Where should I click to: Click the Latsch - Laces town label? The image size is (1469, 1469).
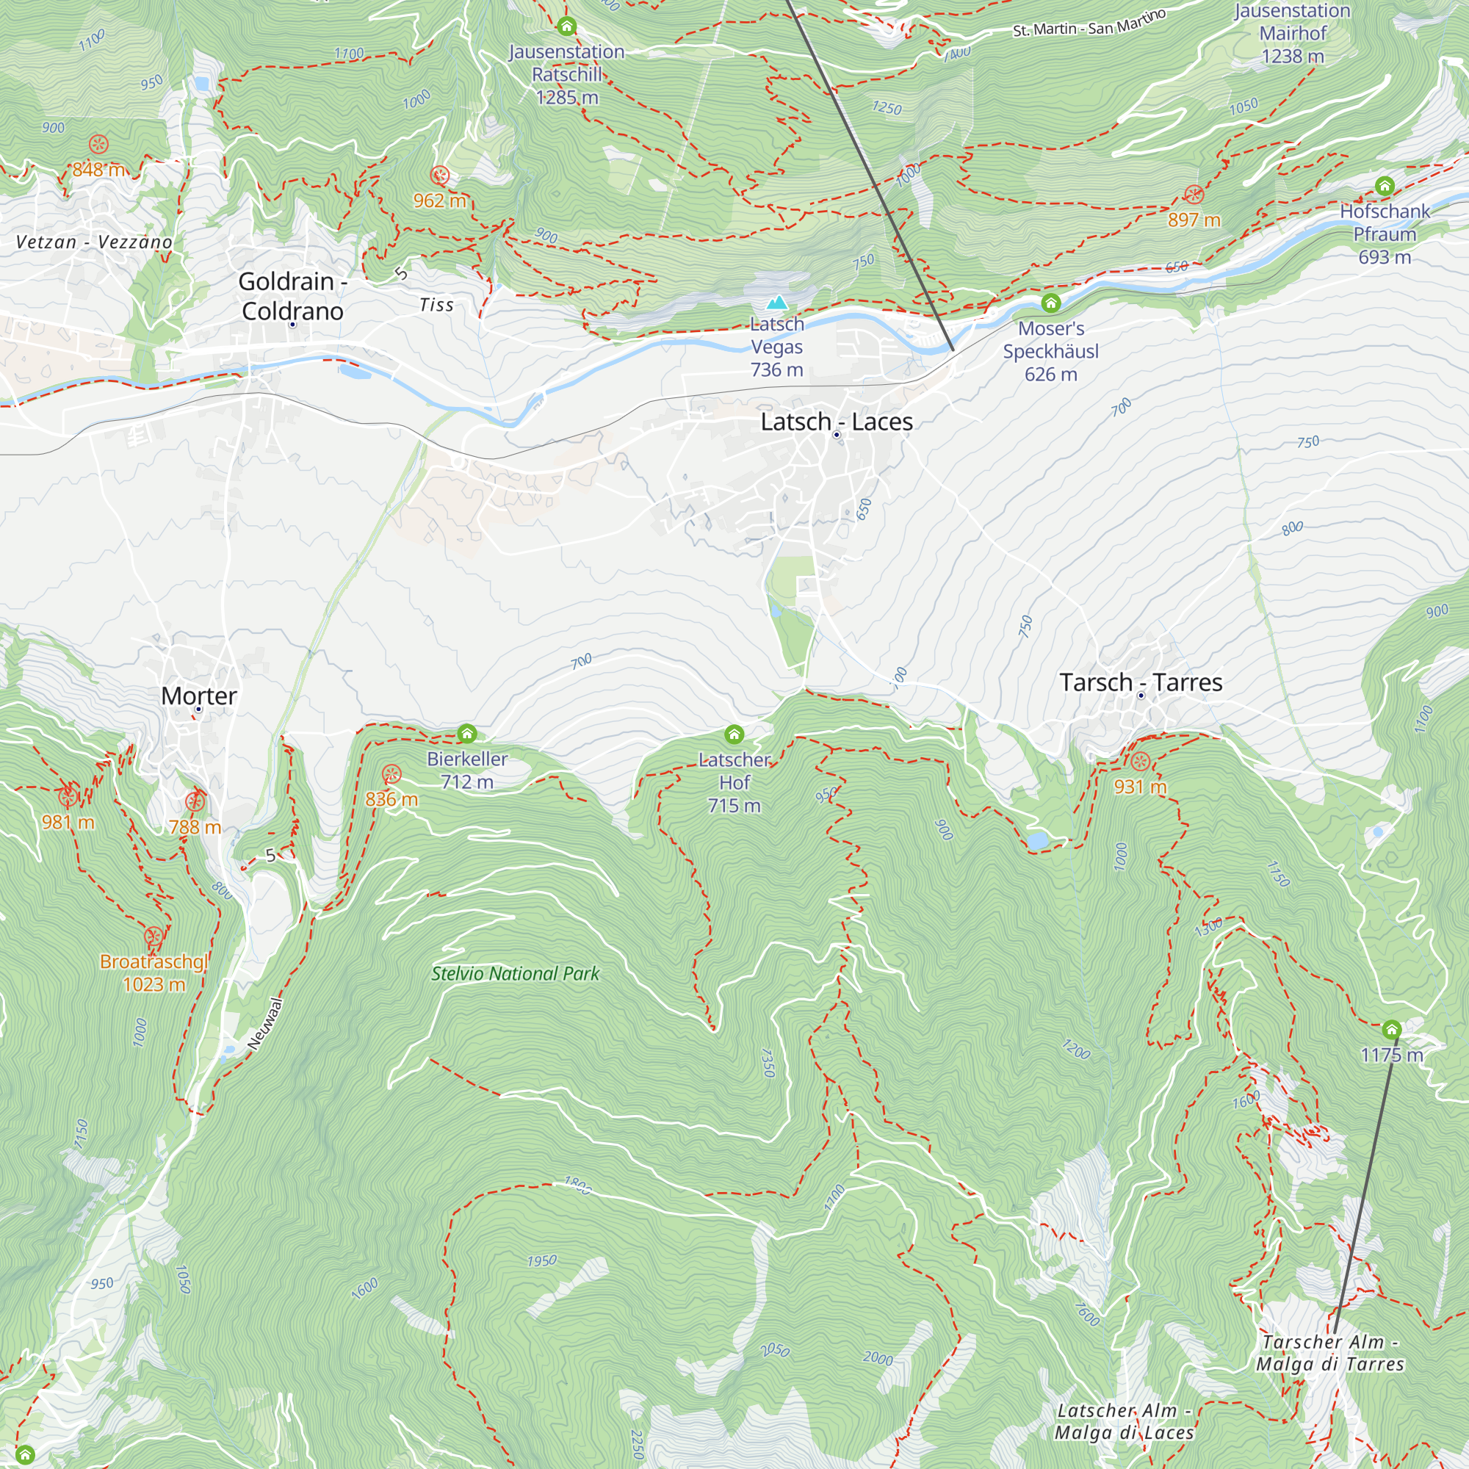click(837, 422)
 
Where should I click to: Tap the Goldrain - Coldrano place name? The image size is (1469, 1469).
click(293, 296)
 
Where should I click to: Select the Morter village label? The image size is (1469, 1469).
click(199, 696)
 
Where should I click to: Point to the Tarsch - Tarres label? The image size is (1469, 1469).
click(1141, 682)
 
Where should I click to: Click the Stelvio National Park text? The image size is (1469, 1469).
click(515, 974)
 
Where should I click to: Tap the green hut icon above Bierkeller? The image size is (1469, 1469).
click(467, 733)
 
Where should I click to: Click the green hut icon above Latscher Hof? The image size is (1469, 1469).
click(734, 734)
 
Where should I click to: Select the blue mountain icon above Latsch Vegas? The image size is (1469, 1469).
click(776, 303)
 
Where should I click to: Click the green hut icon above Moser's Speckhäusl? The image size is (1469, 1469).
click(1051, 303)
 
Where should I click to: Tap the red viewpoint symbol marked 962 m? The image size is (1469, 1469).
click(439, 176)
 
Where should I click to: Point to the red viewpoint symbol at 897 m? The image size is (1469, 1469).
click(1194, 195)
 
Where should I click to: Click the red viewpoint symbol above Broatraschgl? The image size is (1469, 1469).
click(154, 936)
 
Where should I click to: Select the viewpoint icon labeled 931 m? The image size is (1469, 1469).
click(1140, 761)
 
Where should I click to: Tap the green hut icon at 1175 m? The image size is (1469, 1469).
click(1391, 1030)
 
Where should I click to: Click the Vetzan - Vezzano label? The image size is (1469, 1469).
click(94, 242)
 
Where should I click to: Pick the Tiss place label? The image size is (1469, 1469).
click(436, 306)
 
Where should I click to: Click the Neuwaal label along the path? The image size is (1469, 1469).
click(265, 1024)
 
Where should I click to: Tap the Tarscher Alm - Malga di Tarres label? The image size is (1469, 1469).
click(1330, 1353)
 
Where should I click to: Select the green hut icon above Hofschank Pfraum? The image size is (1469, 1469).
click(1385, 186)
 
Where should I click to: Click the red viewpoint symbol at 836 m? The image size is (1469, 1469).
click(391, 774)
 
